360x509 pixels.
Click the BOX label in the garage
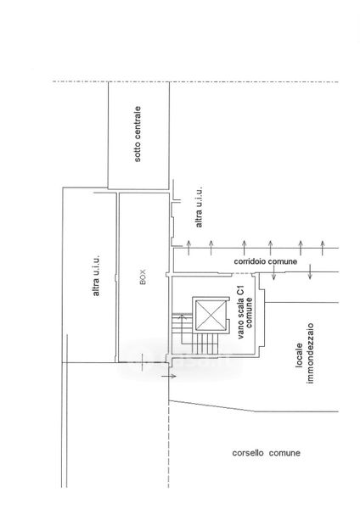click(143, 277)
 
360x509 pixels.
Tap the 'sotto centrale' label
click(138, 134)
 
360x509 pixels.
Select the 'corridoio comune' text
click(265, 261)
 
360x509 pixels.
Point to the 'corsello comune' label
click(266, 453)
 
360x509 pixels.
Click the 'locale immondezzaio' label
click(305, 353)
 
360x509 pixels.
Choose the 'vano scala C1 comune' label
click(245, 312)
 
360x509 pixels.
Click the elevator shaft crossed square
click(211, 315)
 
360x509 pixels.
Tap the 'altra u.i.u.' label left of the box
click(96, 275)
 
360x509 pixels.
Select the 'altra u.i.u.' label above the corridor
click(199, 207)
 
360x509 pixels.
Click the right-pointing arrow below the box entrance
click(169, 376)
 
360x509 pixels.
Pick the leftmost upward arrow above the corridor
click(188, 248)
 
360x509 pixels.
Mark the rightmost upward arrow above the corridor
click(323, 248)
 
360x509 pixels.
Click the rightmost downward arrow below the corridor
click(310, 272)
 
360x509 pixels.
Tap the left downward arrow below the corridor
click(273, 272)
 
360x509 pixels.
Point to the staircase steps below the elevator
click(205, 344)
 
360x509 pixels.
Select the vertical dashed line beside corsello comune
click(169, 444)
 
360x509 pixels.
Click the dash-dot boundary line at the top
click(195, 81)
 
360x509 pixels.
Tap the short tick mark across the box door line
click(142, 362)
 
